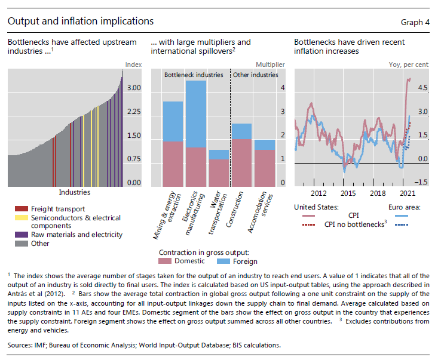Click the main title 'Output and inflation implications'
pos(80,21)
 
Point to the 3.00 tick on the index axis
pos(134,88)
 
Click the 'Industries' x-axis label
pos(75,192)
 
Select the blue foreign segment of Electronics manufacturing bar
pos(196,113)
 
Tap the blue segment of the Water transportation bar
pos(219,155)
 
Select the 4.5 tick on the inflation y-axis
pos(422,88)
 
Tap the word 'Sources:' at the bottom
pos(21,344)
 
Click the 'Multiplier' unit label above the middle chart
pos(270,64)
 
